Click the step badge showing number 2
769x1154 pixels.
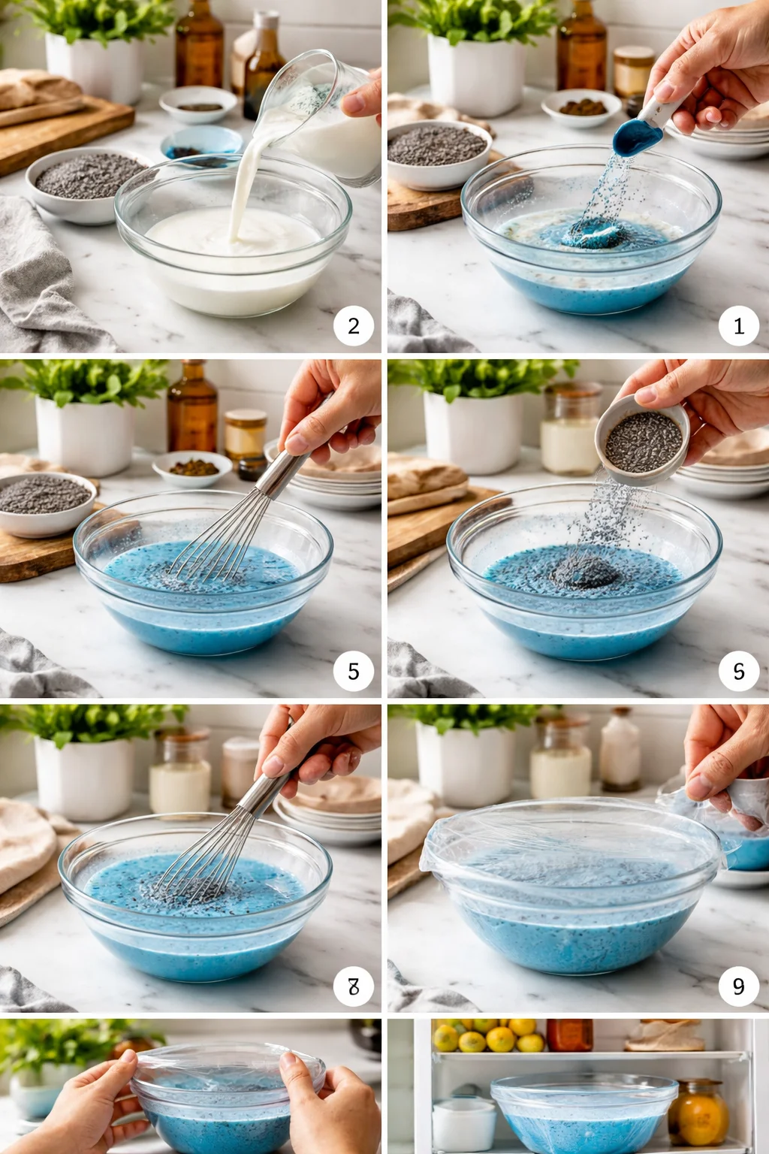354,326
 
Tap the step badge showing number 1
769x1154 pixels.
739,326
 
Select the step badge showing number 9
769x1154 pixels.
739,986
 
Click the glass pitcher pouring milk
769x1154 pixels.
330,120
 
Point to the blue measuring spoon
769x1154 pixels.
638,135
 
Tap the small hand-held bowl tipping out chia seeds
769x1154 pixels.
643,440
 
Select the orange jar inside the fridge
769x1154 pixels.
698,1113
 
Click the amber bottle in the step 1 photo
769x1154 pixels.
581,45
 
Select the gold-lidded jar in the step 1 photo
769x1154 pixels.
634,71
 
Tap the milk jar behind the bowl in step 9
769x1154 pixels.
560,763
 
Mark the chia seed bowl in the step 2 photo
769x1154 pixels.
86,184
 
